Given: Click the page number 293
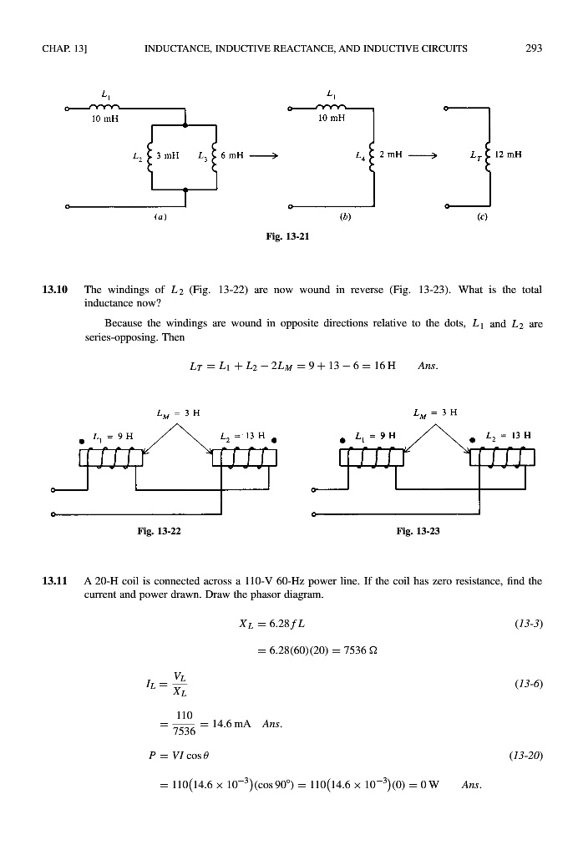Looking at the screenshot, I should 534,48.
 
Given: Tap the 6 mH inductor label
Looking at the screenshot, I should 232,155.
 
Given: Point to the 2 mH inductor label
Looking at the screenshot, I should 387,155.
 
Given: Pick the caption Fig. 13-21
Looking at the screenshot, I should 291,236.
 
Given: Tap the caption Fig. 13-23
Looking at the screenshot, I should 418,528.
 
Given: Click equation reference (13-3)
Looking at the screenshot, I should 527,624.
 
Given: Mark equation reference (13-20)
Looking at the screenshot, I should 525,755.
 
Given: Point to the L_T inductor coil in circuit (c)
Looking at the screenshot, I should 489,155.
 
